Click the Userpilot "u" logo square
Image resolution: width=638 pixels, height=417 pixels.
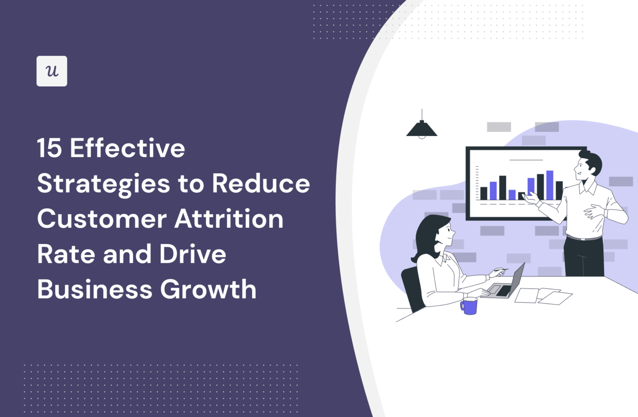coord(52,71)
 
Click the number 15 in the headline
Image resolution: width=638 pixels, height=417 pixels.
coord(49,149)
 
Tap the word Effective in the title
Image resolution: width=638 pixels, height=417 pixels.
coord(128,148)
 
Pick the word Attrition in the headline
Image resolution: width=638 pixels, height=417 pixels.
coord(229,219)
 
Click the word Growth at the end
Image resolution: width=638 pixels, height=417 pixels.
coord(209,289)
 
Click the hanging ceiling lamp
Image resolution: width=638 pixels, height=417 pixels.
coord(422,128)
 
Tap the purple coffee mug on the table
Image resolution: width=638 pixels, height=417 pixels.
coord(469,306)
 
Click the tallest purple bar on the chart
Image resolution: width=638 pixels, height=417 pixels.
coord(550,185)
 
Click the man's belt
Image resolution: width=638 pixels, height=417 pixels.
coord(584,238)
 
